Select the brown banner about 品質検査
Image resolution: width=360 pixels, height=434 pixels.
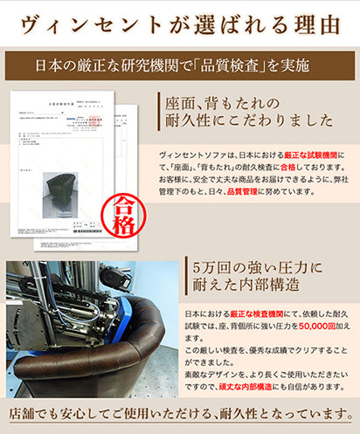[180, 64]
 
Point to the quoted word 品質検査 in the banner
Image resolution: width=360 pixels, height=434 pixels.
[233, 64]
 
